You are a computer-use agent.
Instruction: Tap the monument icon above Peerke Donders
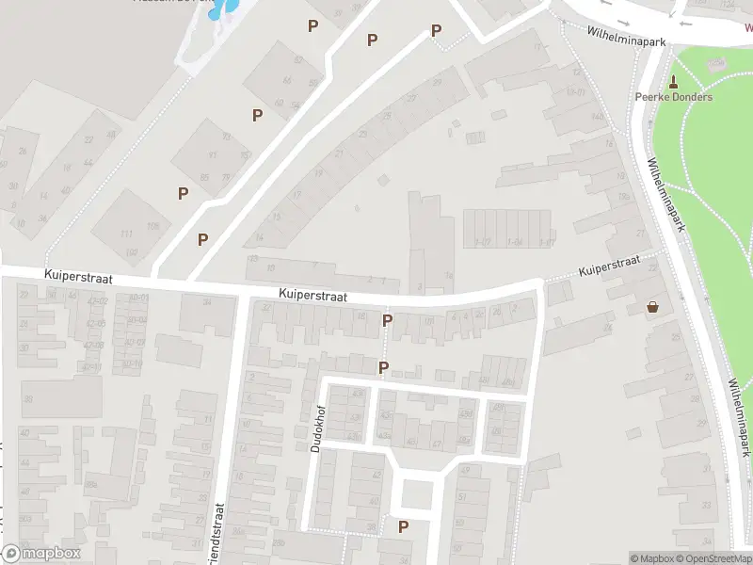click(673, 82)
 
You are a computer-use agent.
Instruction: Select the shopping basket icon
click(652, 307)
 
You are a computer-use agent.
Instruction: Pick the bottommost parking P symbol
click(404, 527)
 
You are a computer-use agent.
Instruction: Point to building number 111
click(125, 234)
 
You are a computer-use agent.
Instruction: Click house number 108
click(152, 227)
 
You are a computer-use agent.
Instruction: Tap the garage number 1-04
click(514, 242)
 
